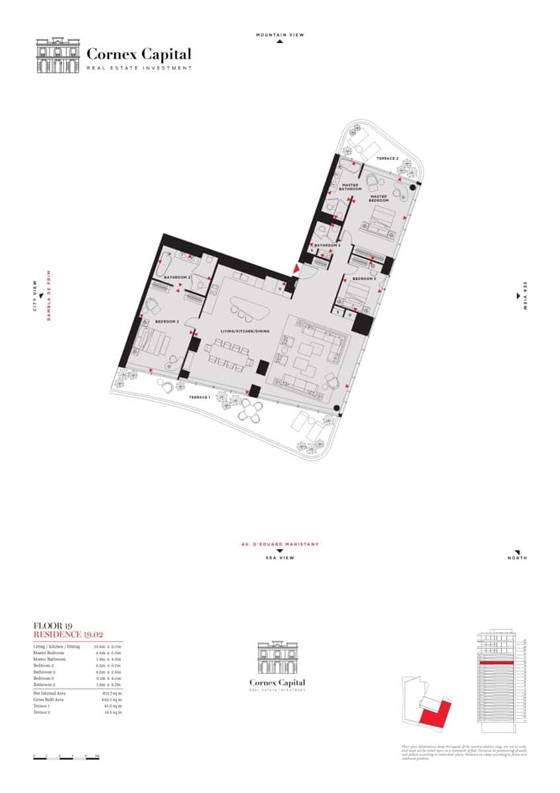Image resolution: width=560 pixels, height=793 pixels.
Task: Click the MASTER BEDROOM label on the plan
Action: [x=378, y=198]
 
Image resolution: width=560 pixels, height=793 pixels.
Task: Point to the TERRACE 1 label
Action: [x=199, y=397]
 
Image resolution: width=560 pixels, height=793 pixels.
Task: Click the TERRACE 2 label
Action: [x=387, y=159]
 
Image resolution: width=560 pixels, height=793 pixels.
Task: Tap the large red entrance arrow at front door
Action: [x=297, y=269]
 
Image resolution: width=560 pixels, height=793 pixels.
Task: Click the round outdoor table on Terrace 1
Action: [x=250, y=412]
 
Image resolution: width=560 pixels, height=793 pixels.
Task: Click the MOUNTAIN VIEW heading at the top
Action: [x=280, y=34]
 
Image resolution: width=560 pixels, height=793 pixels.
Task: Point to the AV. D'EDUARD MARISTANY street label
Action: [x=280, y=545]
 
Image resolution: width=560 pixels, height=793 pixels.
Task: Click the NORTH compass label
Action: [x=518, y=558]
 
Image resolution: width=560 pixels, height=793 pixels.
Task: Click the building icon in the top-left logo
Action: [x=57, y=56]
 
